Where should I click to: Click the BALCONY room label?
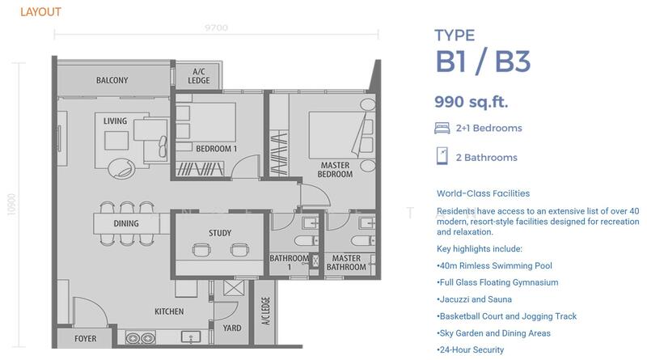[112, 80]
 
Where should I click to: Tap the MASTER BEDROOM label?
[335, 170]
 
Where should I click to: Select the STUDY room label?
[220, 233]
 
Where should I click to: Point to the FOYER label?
[86, 338]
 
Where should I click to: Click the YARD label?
[232, 328]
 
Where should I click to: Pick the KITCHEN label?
[169, 311]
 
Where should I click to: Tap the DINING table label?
[126, 223]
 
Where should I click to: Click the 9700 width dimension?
[216, 28]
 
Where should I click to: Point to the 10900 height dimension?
[11, 204]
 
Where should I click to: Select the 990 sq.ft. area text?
[472, 102]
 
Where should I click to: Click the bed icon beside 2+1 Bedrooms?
[442, 128]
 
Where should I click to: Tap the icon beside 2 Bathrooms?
[442, 156]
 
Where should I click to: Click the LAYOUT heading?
[41, 12]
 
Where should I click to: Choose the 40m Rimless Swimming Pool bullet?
[494, 266]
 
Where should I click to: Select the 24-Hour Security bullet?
[471, 350]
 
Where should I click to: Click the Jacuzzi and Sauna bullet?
[474, 299]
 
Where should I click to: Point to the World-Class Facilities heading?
[483, 193]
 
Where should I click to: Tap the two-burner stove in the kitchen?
[140, 338]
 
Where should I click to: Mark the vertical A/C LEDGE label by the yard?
[266, 311]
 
